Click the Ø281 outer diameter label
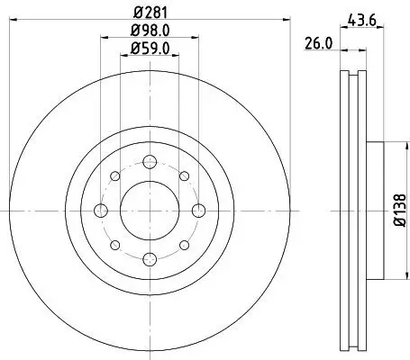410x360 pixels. pos(149,13)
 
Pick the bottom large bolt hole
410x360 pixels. pos(150,257)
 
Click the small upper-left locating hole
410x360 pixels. pos(115,176)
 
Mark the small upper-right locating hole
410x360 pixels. pos(184,176)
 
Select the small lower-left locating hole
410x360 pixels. pos(115,244)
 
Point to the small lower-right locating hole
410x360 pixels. pos(184,244)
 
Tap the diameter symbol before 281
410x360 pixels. pos(136,13)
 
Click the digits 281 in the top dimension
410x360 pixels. pos(154,13)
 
